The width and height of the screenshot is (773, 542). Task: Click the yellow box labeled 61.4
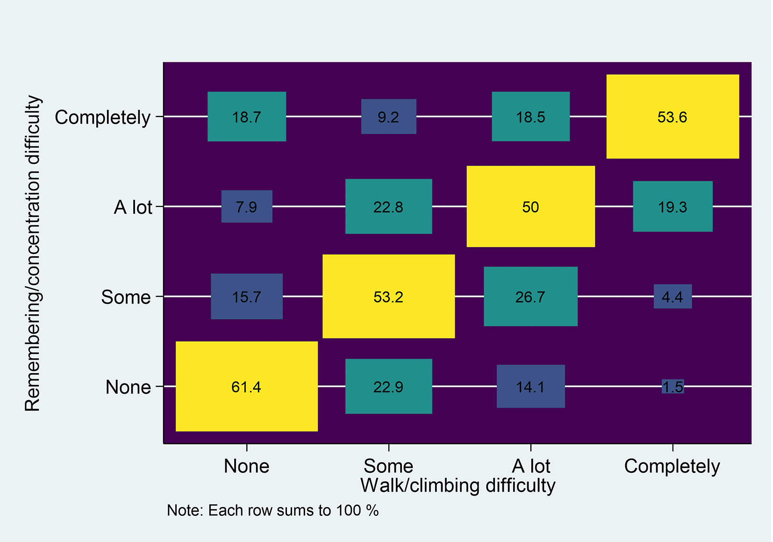246,386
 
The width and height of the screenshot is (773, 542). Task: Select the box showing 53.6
673,116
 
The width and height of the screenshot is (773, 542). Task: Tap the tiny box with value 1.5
673,386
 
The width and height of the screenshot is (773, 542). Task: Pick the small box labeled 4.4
673,296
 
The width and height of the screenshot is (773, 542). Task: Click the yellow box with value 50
530,206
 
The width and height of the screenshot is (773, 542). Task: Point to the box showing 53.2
388,296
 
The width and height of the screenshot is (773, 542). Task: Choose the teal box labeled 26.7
530,296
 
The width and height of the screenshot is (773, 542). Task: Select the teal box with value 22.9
388,386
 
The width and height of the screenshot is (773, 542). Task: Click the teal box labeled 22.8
388,206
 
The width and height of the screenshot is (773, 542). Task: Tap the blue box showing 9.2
388,116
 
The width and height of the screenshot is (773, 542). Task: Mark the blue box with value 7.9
246,206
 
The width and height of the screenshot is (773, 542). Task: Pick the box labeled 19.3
673,206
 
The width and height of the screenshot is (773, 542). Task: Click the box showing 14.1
530,386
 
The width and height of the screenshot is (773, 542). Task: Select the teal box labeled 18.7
246,116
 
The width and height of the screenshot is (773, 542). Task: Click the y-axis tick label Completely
102,117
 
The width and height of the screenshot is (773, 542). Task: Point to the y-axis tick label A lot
133,207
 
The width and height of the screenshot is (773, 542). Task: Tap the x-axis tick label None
246,466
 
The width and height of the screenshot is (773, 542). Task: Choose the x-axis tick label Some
388,466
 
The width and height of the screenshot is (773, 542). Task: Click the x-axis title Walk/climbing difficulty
458,485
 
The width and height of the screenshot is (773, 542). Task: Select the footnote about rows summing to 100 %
272,510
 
